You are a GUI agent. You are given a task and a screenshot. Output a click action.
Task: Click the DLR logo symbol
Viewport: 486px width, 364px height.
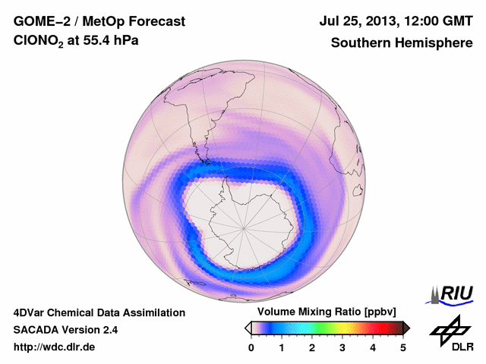449,328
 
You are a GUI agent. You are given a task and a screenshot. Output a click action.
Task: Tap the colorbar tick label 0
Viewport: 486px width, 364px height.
251,347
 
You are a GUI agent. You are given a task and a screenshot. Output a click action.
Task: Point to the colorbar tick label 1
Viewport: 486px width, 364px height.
282,347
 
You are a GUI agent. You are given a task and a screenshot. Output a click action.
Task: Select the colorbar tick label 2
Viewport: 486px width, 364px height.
312,347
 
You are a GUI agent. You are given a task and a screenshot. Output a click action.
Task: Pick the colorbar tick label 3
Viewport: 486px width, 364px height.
342,347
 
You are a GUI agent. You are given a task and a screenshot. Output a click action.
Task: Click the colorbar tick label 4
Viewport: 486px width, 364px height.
373,347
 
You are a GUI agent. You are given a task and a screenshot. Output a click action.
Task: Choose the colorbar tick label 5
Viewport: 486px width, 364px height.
403,347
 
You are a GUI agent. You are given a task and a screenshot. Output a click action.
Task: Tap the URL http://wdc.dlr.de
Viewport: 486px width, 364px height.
55,347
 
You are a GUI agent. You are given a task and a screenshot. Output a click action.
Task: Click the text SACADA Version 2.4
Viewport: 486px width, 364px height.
65,330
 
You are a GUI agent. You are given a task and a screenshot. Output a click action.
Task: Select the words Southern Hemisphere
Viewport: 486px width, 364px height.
402,43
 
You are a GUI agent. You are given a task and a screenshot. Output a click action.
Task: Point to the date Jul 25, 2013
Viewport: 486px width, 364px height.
362,20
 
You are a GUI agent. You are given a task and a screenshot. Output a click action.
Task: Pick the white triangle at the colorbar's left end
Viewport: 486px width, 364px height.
248,328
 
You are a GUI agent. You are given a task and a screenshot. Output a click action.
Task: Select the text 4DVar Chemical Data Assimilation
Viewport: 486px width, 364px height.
99,312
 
